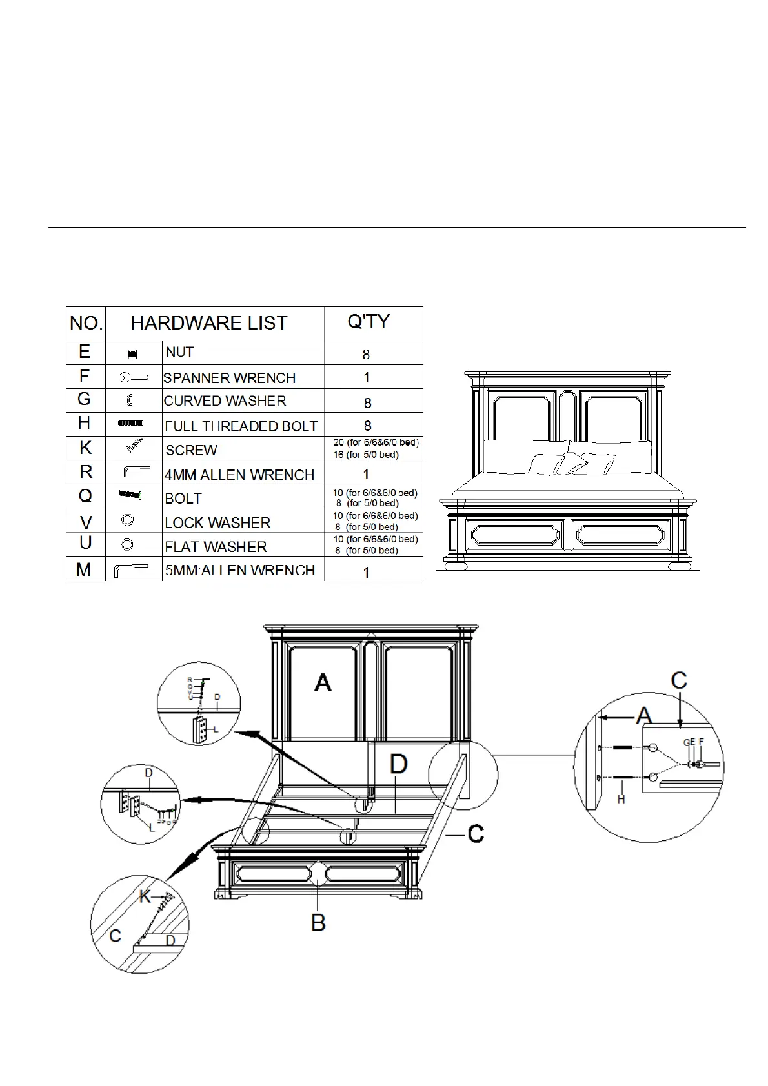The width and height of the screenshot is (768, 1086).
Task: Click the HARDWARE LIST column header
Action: coord(209,323)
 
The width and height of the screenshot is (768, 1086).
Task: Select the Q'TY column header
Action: coord(369,321)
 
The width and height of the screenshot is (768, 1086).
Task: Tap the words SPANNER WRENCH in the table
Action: coord(229,378)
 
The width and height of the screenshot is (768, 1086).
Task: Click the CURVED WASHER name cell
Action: coord(225,401)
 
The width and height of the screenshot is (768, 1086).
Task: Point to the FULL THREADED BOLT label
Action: coord(241,426)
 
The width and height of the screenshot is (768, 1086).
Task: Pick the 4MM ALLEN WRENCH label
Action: coord(239,475)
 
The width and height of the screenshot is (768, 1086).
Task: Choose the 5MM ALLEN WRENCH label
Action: coord(239,570)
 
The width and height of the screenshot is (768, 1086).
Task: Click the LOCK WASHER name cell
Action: coord(217,523)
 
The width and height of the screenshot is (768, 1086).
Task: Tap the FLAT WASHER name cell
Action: coord(216,547)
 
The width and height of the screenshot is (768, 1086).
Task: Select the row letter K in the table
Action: coord(85,448)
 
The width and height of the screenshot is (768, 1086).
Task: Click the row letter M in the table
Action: coord(84,569)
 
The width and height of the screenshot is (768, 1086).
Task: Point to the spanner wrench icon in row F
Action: coord(134,378)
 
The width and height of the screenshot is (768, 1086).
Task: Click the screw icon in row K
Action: coord(134,445)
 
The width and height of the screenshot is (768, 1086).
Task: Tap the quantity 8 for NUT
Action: coord(367,355)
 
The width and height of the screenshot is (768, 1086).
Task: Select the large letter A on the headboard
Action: coord(323,682)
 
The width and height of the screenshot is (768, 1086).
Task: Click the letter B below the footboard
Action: coord(318,923)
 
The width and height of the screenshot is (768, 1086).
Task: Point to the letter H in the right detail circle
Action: coord(621,800)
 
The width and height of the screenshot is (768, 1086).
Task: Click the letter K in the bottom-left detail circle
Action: coord(147,896)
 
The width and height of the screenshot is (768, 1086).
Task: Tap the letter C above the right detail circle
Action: coord(679,680)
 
